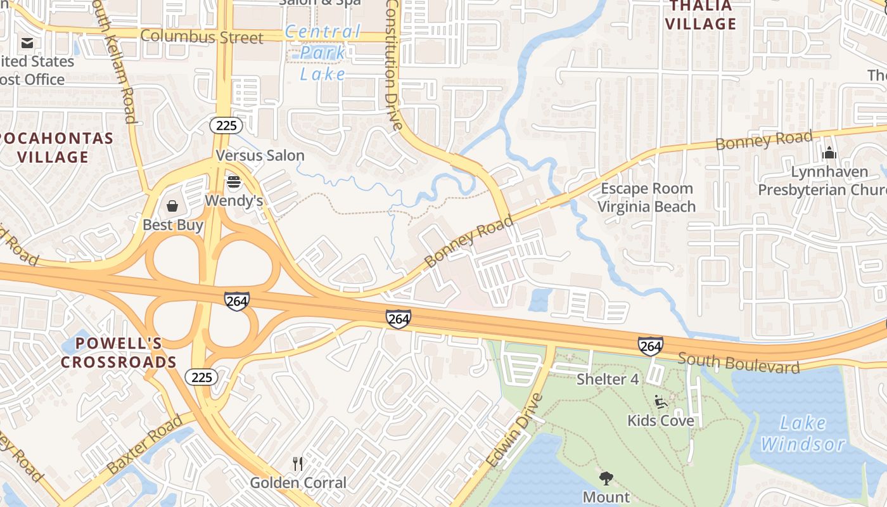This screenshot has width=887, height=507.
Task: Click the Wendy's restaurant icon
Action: (234, 183)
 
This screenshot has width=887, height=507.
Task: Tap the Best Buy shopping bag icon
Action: (172, 206)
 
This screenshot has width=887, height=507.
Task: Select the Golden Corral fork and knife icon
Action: (298, 464)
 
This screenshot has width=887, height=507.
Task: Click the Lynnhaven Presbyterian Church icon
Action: (829, 153)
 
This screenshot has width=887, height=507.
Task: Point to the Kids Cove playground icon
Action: (661, 402)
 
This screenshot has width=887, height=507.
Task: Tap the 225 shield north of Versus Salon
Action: (226, 125)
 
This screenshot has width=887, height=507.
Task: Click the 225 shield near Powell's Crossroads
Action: (201, 378)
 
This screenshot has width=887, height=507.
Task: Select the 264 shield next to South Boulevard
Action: (651, 346)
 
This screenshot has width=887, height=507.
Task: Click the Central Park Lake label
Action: (323, 53)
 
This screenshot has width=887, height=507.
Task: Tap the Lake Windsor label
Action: (803, 433)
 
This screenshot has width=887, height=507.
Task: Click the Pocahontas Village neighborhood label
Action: (56, 147)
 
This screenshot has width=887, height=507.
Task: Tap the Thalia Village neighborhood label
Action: (701, 15)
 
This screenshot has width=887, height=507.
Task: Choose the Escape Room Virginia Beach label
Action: (646, 197)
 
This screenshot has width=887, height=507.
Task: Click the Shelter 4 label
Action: (608, 379)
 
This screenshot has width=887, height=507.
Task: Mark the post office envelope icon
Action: (27, 43)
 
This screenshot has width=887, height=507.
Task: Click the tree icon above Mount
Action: (606, 478)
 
